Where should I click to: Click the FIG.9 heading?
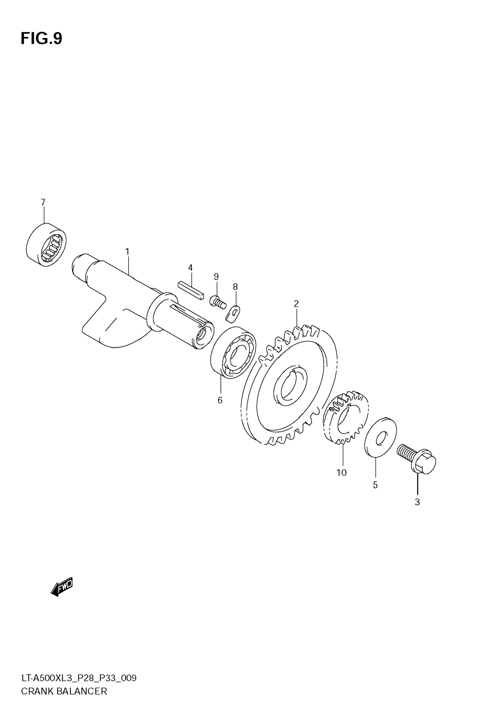[41, 39]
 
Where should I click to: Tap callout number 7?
[43, 202]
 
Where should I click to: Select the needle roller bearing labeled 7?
[46, 245]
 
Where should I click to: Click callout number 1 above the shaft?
[127, 252]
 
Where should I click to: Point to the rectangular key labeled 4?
[191, 290]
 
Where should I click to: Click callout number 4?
[190, 268]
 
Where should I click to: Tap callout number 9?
[217, 276]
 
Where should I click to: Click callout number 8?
[235, 287]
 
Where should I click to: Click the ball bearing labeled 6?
[233, 352]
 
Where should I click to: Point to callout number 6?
[220, 400]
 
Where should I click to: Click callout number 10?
[341, 473]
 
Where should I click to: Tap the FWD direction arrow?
[62, 587]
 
